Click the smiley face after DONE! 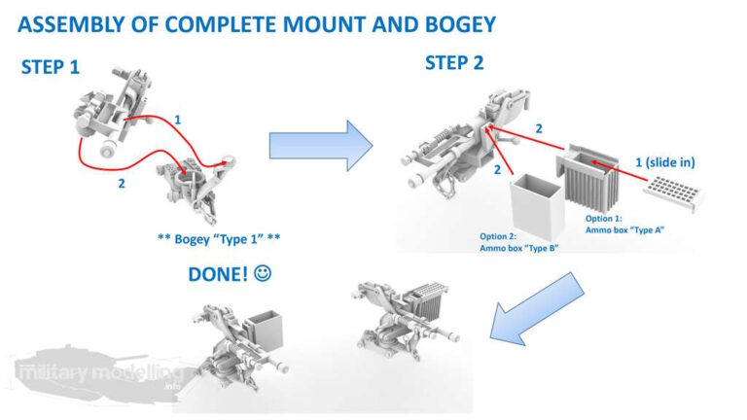[262, 276]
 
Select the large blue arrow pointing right [320, 146]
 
